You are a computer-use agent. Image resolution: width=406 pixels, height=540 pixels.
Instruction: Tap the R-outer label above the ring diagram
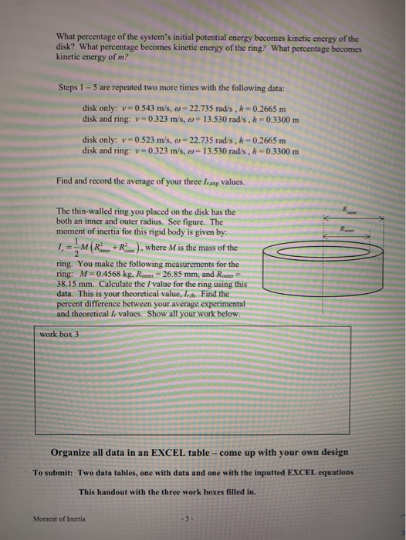[x=354, y=207]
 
